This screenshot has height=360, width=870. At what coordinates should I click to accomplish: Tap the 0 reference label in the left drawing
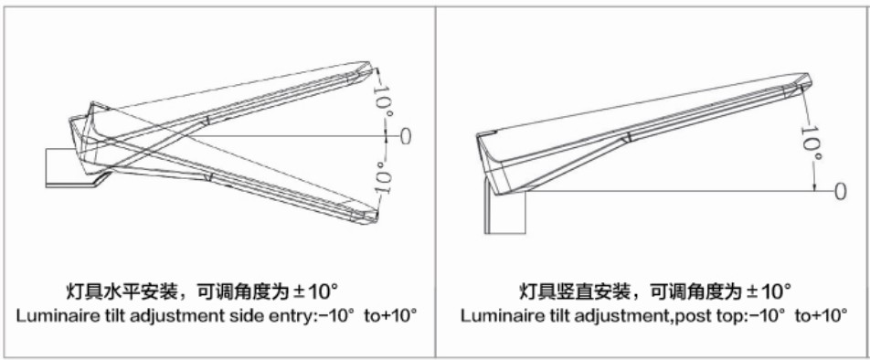point(406,136)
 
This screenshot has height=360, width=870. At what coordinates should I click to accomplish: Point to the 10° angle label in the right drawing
point(811,143)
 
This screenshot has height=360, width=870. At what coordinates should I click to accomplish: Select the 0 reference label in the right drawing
point(841,192)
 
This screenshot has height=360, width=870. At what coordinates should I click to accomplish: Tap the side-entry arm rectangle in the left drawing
point(66,167)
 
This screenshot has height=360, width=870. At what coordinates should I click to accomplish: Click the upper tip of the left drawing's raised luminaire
point(369,62)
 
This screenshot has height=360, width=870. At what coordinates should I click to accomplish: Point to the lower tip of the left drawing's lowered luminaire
point(377,221)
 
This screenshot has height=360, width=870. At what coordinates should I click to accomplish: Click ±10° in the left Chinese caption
point(318,291)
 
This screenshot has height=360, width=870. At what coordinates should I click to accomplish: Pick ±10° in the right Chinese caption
point(769,291)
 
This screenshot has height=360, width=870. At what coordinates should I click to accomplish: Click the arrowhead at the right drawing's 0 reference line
point(814,187)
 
